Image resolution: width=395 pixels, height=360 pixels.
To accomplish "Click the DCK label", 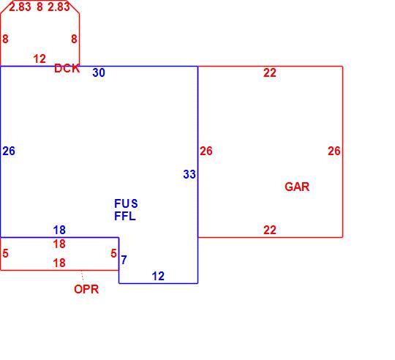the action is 67,68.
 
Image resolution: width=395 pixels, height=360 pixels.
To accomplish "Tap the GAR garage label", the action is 297,187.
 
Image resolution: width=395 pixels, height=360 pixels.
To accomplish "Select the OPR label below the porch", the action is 86,289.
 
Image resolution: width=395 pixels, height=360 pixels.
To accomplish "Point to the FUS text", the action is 126,203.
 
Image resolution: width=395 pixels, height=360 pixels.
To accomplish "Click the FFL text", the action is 125,216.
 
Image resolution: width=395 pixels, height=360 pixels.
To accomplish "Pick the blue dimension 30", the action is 99,73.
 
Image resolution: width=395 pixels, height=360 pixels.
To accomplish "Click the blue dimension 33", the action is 189,174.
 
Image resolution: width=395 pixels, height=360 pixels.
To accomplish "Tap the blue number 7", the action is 124,260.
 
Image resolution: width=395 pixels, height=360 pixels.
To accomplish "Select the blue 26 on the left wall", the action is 9,151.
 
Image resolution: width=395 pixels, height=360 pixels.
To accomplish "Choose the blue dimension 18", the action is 59,230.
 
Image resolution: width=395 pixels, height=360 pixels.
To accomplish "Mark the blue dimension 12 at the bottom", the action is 158,277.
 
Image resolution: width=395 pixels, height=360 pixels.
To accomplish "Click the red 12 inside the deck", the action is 39,59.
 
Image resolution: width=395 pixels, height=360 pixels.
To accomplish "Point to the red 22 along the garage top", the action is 270,73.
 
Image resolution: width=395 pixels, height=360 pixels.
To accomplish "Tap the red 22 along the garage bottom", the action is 270,230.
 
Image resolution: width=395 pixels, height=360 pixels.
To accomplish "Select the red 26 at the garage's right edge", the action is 334,151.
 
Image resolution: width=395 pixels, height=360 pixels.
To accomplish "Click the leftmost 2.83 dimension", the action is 20,7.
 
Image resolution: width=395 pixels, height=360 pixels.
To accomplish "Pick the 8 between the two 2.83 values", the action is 39,7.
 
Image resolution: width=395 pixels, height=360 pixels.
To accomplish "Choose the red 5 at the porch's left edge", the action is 6,253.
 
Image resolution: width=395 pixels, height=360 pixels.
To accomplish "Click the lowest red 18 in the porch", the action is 59,263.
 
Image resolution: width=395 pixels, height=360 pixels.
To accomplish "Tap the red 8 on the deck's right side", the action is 74,39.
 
